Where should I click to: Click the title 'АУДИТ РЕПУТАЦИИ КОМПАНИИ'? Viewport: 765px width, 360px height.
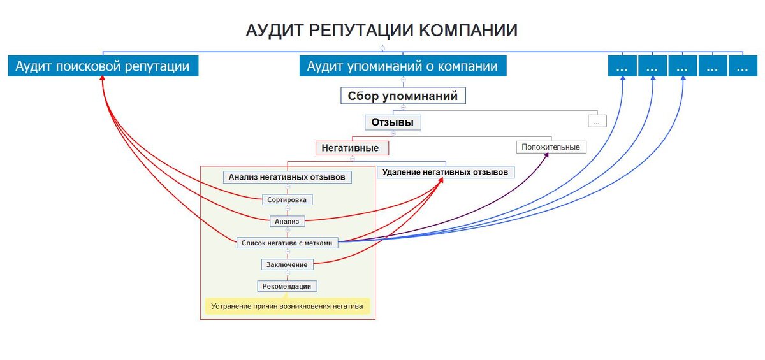pos(381,31)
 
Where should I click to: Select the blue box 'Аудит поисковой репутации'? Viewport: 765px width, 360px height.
pos(103,66)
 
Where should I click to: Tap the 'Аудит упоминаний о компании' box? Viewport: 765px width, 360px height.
pos(403,66)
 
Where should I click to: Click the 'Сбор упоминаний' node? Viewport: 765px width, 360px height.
pos(403,96)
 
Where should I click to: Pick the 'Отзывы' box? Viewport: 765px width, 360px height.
pos(393,122)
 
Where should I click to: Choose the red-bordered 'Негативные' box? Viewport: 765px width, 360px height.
pos(352,148)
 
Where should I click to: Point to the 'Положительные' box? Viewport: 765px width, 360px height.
pos(551,147)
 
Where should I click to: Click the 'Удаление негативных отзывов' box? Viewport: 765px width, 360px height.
pos(446,172)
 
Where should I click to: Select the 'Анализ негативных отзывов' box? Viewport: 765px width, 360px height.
pos(288,177)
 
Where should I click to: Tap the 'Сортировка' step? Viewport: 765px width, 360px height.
pos(288,199)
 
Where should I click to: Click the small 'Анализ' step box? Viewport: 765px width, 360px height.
pos(288,221)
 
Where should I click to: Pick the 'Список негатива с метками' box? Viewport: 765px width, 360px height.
pos(288,243)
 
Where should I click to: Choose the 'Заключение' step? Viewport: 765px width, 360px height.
pos(288,264)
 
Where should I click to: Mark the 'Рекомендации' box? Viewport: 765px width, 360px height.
pos(287,286)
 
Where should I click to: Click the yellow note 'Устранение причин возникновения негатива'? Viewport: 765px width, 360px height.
pos(288,306)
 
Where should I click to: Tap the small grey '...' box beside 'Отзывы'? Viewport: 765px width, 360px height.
pos(597,121)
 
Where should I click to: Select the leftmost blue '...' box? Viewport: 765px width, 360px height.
pos(622,66)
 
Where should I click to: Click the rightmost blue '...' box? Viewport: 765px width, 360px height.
pos(743,66)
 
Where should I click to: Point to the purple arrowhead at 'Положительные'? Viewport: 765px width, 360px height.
pos(546,155)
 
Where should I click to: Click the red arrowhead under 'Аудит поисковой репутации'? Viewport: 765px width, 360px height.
pos(102,78)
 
